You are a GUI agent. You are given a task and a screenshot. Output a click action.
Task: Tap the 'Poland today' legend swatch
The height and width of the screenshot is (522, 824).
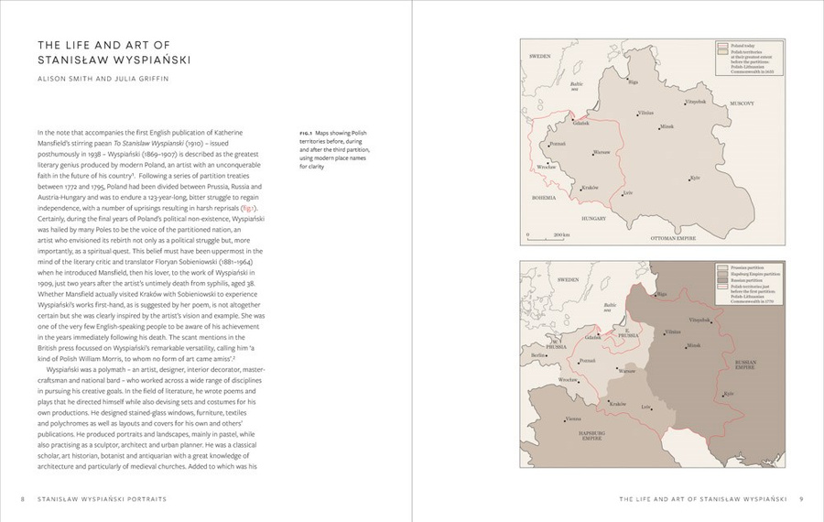pyautogui.click(x=722, y=45)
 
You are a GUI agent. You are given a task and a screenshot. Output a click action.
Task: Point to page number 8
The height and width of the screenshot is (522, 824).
pyautogui.click(x=22, y=499)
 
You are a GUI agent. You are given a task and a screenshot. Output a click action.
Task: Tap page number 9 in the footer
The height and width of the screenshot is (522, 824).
pyautogui.click(x=800, y=499)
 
